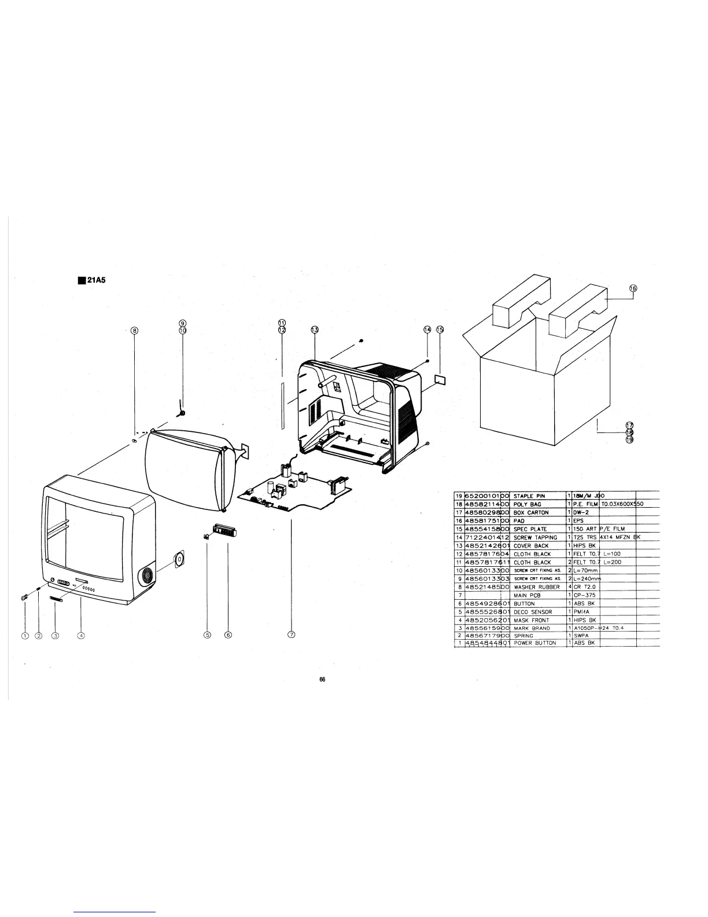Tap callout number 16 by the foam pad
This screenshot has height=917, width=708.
click(633, 288)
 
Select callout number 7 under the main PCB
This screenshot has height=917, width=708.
click(292, 635)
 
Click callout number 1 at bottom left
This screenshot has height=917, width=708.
click(24, 635)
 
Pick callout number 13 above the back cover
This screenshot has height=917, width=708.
click(315, 330)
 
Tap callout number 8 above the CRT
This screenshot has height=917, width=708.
click(135, 331)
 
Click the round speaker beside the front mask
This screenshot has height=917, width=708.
click(179, 559)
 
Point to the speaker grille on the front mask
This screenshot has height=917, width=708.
click(146, 576)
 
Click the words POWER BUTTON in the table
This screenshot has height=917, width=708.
click(534, 643)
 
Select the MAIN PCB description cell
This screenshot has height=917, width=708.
click(526, 595)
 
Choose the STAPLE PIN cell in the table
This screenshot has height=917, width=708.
click(529, 496)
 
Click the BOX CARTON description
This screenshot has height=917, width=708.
click(531, 512)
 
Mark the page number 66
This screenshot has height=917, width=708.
click(323, 680)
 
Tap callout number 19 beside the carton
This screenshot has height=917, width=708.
click(629, 439)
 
